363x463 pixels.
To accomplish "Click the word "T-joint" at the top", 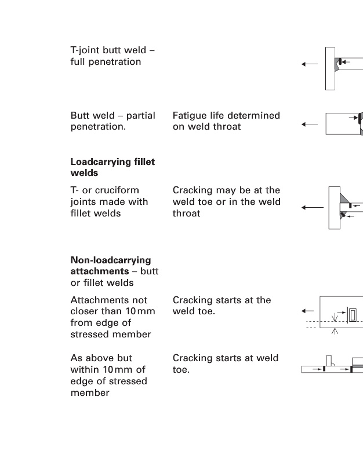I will click(x=84, y=50).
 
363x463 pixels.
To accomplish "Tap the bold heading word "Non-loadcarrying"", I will click(x=110, y=260).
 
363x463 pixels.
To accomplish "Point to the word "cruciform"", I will click(x=119, y=190).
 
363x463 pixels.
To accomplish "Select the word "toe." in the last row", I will click(x=181, y=369).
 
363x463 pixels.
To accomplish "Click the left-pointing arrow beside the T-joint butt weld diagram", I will click(x=309, y=64).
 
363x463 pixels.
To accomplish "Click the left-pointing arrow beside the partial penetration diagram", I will click(x=309, y=123).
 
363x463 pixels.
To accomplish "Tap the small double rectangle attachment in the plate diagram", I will click(x=353, y=315).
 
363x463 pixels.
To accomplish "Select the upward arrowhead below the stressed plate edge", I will click(x=335, y=332).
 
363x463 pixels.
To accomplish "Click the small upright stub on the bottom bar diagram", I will click(x=329, y=360).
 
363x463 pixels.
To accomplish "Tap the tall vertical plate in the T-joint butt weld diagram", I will click(x=330, y=68).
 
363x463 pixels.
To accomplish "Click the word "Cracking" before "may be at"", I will click(x=192, y=190).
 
